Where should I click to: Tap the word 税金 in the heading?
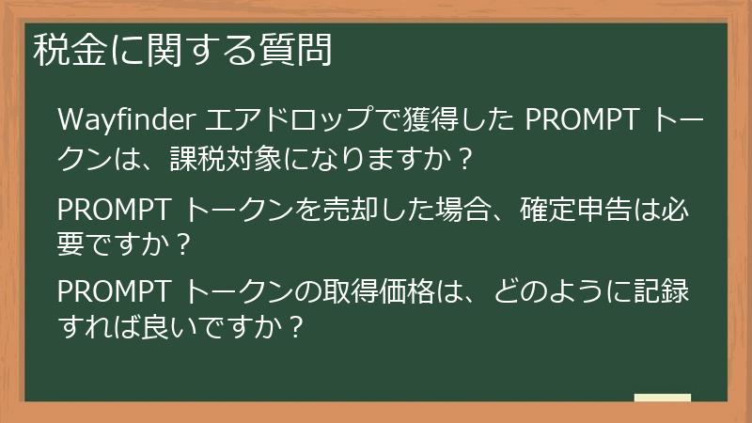tap(63, 50)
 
